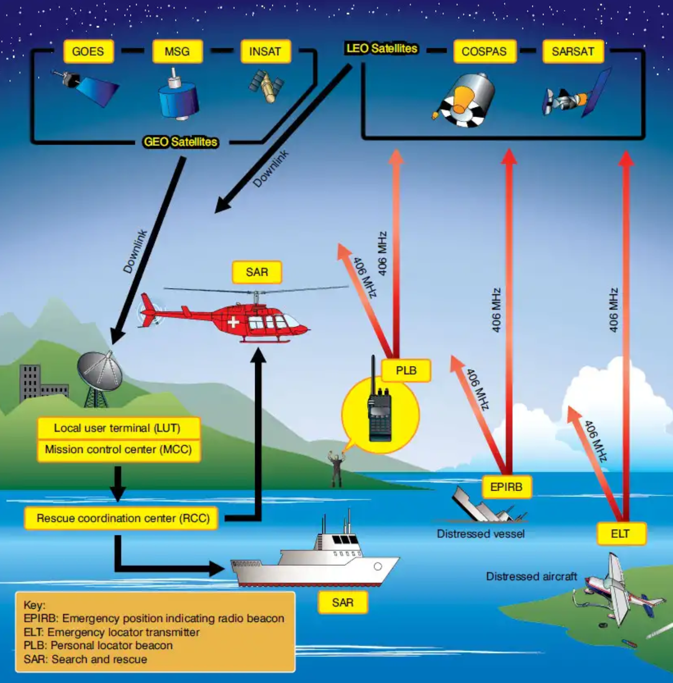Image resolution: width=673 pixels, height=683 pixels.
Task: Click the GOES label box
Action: point(88,51)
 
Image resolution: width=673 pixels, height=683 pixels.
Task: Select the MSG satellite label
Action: point(177,51)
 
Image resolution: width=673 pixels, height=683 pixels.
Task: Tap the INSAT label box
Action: point(265,51)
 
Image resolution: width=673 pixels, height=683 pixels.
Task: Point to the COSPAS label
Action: point(484,51)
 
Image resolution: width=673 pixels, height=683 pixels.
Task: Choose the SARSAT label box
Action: point(573,51)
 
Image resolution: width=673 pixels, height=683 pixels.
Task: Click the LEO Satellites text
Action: point(382,48)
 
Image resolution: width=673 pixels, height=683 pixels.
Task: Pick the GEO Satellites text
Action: point(180,142)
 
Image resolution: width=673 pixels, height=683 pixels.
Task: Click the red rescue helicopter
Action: point(230,317)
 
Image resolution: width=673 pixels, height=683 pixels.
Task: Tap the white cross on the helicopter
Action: point(233,321)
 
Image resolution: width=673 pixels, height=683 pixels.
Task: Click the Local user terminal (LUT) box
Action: point(118,428)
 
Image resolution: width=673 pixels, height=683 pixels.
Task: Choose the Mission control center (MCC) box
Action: point(118,450)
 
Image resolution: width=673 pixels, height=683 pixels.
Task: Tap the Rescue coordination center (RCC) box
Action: point(122,518)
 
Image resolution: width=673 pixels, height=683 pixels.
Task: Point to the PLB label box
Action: point(406,370)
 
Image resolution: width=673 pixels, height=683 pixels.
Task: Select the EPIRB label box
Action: point(506,487)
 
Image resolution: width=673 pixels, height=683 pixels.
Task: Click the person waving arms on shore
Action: point(336,468)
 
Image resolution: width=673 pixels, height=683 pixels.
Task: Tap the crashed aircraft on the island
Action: point(619,590)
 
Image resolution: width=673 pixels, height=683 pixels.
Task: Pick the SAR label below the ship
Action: point(343,603)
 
